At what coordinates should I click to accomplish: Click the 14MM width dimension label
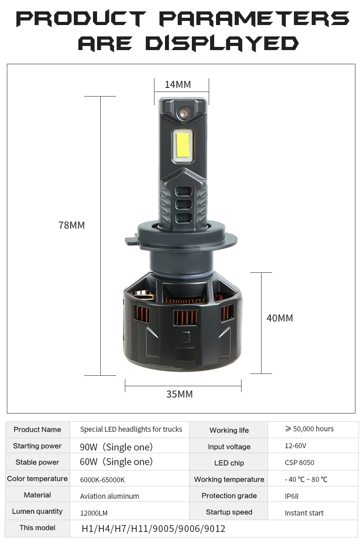tap(178, 85)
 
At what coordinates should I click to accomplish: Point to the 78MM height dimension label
tap(72, 225)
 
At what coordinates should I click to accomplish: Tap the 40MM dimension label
tap(280, 318)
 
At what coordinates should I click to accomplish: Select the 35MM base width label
tap(180, 394)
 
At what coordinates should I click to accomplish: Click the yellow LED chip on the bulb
tap(183, 144)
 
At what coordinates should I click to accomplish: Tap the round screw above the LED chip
tap(184, 113)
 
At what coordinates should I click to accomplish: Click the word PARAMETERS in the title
tap(254, 18)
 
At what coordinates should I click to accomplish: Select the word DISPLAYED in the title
tap(222, 43)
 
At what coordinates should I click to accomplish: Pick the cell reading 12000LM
tap(94, 513)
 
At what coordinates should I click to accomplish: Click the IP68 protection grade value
tap(292, 496)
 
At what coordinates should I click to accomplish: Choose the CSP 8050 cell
tap(299, 462)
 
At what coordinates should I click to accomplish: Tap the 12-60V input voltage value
tap(295, 445)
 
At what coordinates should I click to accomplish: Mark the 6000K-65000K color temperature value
tap(103, 480)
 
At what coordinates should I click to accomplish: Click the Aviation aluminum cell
tap(109, 496)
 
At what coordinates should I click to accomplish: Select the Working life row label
tap(229, 430)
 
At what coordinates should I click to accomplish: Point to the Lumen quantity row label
tap(37, 511)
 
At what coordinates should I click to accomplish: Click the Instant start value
tap(304, 513)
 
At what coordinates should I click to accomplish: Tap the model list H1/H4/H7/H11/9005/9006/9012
tap(153, 529)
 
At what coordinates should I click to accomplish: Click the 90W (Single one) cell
tap(116, 447)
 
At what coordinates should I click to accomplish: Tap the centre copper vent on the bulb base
tap(185, 318)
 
